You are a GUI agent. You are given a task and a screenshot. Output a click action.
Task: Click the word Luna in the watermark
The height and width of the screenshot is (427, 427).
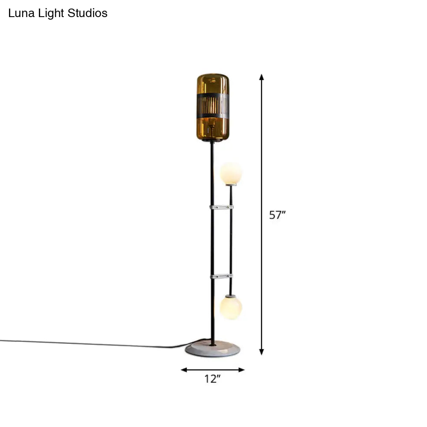tap(19, 13)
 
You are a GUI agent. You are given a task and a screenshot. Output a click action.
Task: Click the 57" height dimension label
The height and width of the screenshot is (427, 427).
tap(277, 215)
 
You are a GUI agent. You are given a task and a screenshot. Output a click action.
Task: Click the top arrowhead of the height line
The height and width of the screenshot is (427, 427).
tap(262, 77)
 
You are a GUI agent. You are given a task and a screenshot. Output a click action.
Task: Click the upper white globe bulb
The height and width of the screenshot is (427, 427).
tap(231, 173)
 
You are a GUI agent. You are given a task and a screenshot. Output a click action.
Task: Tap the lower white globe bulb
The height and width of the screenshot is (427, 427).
tap(231, 307)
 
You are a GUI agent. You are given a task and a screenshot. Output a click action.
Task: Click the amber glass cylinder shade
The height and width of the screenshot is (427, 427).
tap(213, 128)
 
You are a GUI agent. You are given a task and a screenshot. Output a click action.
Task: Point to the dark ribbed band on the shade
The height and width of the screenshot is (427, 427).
tap(213, 105)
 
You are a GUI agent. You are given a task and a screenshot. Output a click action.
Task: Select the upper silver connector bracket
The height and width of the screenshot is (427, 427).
tap(221, 207)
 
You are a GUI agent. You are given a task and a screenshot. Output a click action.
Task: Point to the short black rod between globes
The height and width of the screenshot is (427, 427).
tap(231, 239)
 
